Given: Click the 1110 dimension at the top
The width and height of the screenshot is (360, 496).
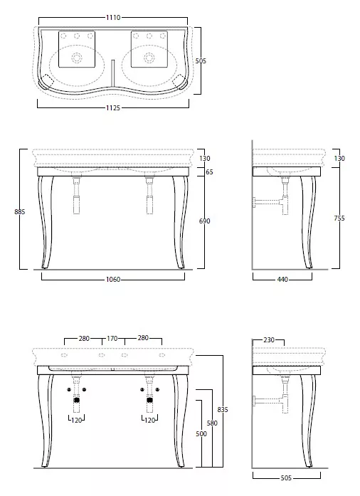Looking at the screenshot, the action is [x=113, y=17].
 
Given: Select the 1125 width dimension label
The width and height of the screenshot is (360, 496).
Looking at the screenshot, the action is [x=113, y=108].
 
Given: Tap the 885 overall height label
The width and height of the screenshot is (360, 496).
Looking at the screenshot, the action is [x=20, y=211].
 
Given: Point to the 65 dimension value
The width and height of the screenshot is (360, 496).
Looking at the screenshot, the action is [x=209, y=172].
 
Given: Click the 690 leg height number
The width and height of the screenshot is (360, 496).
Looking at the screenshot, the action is [x=205, y=221].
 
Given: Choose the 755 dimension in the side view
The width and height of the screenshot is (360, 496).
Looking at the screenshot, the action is [x=339, y=218].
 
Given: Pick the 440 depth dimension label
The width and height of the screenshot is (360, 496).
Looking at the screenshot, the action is [x=282, y=280].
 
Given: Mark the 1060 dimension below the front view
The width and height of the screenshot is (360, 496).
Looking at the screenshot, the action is [x=113, y=280].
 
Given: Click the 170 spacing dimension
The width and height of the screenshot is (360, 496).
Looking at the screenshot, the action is [x=112, y=339].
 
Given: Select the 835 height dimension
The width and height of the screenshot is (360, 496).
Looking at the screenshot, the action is [x=223, y=409].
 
